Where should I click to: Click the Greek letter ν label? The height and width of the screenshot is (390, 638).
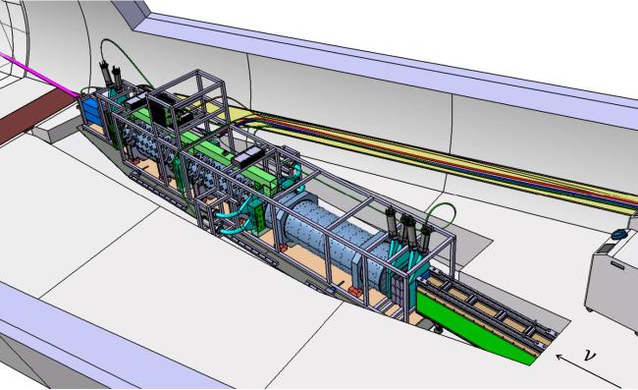[589, 355]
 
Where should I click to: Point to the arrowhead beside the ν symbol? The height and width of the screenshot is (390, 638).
[559, 358]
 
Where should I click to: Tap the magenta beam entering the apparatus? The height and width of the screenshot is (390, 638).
[39, 75]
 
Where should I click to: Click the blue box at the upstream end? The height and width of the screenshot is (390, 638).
[90, 110]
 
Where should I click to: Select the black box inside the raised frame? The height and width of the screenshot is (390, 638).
[163, 108]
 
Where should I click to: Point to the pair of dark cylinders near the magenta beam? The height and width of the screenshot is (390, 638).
[111, 75]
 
